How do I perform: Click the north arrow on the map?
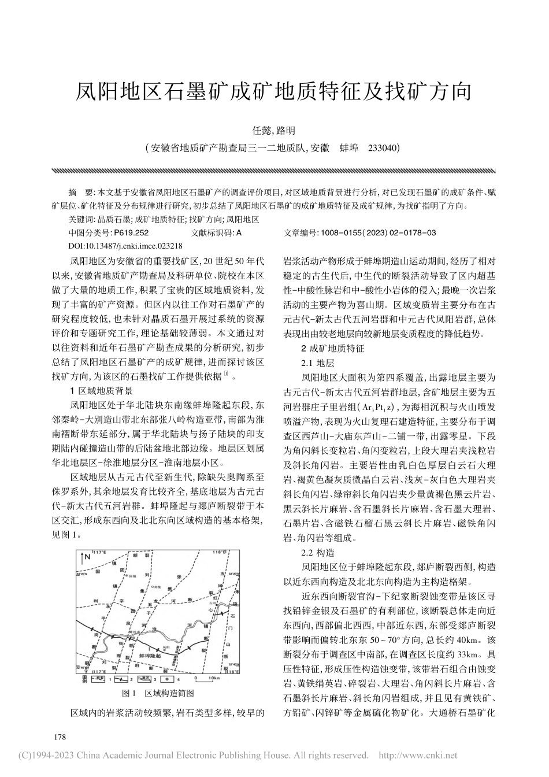(84, 558)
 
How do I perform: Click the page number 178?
(60, 737)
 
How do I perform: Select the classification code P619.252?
(132, 232)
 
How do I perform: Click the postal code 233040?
(384, 149)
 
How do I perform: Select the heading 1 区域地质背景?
(101, 390)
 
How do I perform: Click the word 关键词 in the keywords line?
(80, 220)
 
